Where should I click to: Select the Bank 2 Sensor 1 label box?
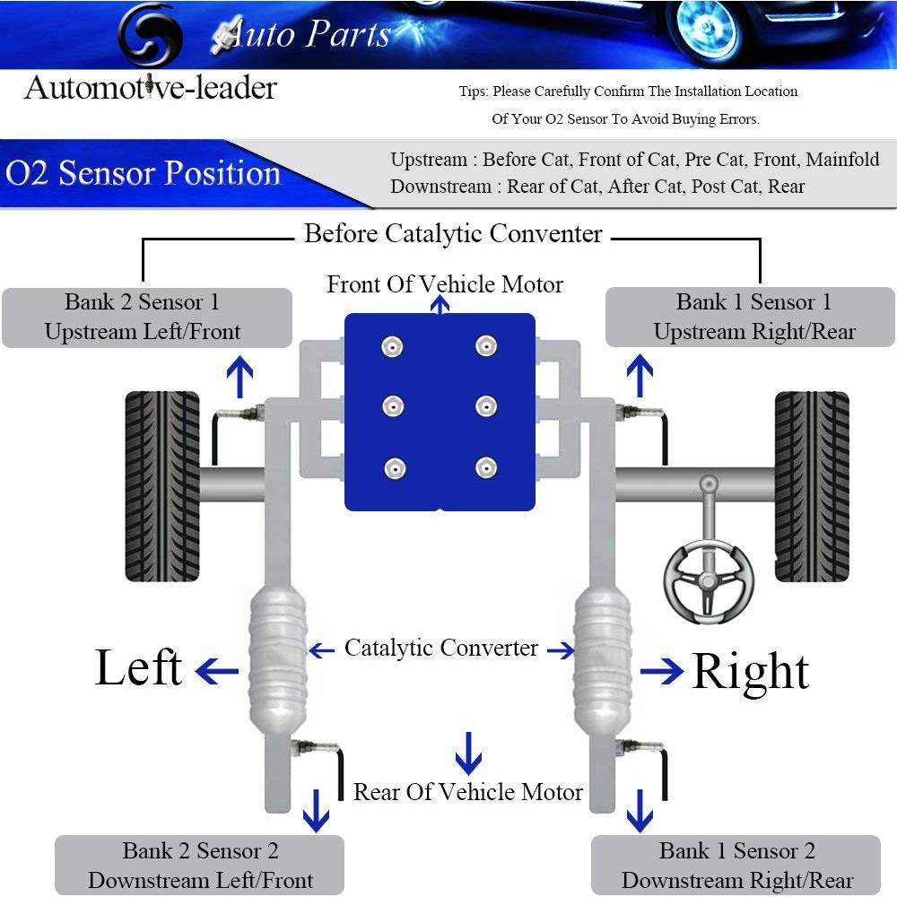(147, 318)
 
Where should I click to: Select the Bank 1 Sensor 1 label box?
(751, 318)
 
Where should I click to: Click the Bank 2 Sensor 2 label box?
(199, 866)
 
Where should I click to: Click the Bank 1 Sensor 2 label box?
(736, 866)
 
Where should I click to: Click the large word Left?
(139, 668)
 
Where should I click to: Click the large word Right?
(750, 671)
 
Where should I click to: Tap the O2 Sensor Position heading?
(144, 172)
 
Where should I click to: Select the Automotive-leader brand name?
(151, 88)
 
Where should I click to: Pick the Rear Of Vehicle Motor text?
(467, 792)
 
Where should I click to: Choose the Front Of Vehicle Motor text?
(445, 284)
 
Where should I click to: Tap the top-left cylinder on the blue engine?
(392, 346)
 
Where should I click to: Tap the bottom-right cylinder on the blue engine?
(486, 466)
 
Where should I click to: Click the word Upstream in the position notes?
(429, 161)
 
